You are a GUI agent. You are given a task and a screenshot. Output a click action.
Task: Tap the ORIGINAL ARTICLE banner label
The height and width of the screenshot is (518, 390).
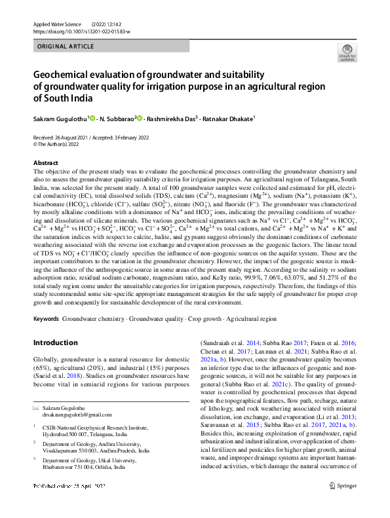(64, 47)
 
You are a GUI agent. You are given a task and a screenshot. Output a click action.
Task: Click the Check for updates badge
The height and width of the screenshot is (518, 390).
(345, 53)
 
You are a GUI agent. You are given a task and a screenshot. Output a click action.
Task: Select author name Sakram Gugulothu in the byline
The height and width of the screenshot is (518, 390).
(60, 119)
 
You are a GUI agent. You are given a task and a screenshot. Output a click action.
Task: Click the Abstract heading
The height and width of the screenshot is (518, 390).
(45, 162)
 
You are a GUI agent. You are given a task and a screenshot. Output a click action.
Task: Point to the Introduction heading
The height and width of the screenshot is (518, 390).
(55, 342)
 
